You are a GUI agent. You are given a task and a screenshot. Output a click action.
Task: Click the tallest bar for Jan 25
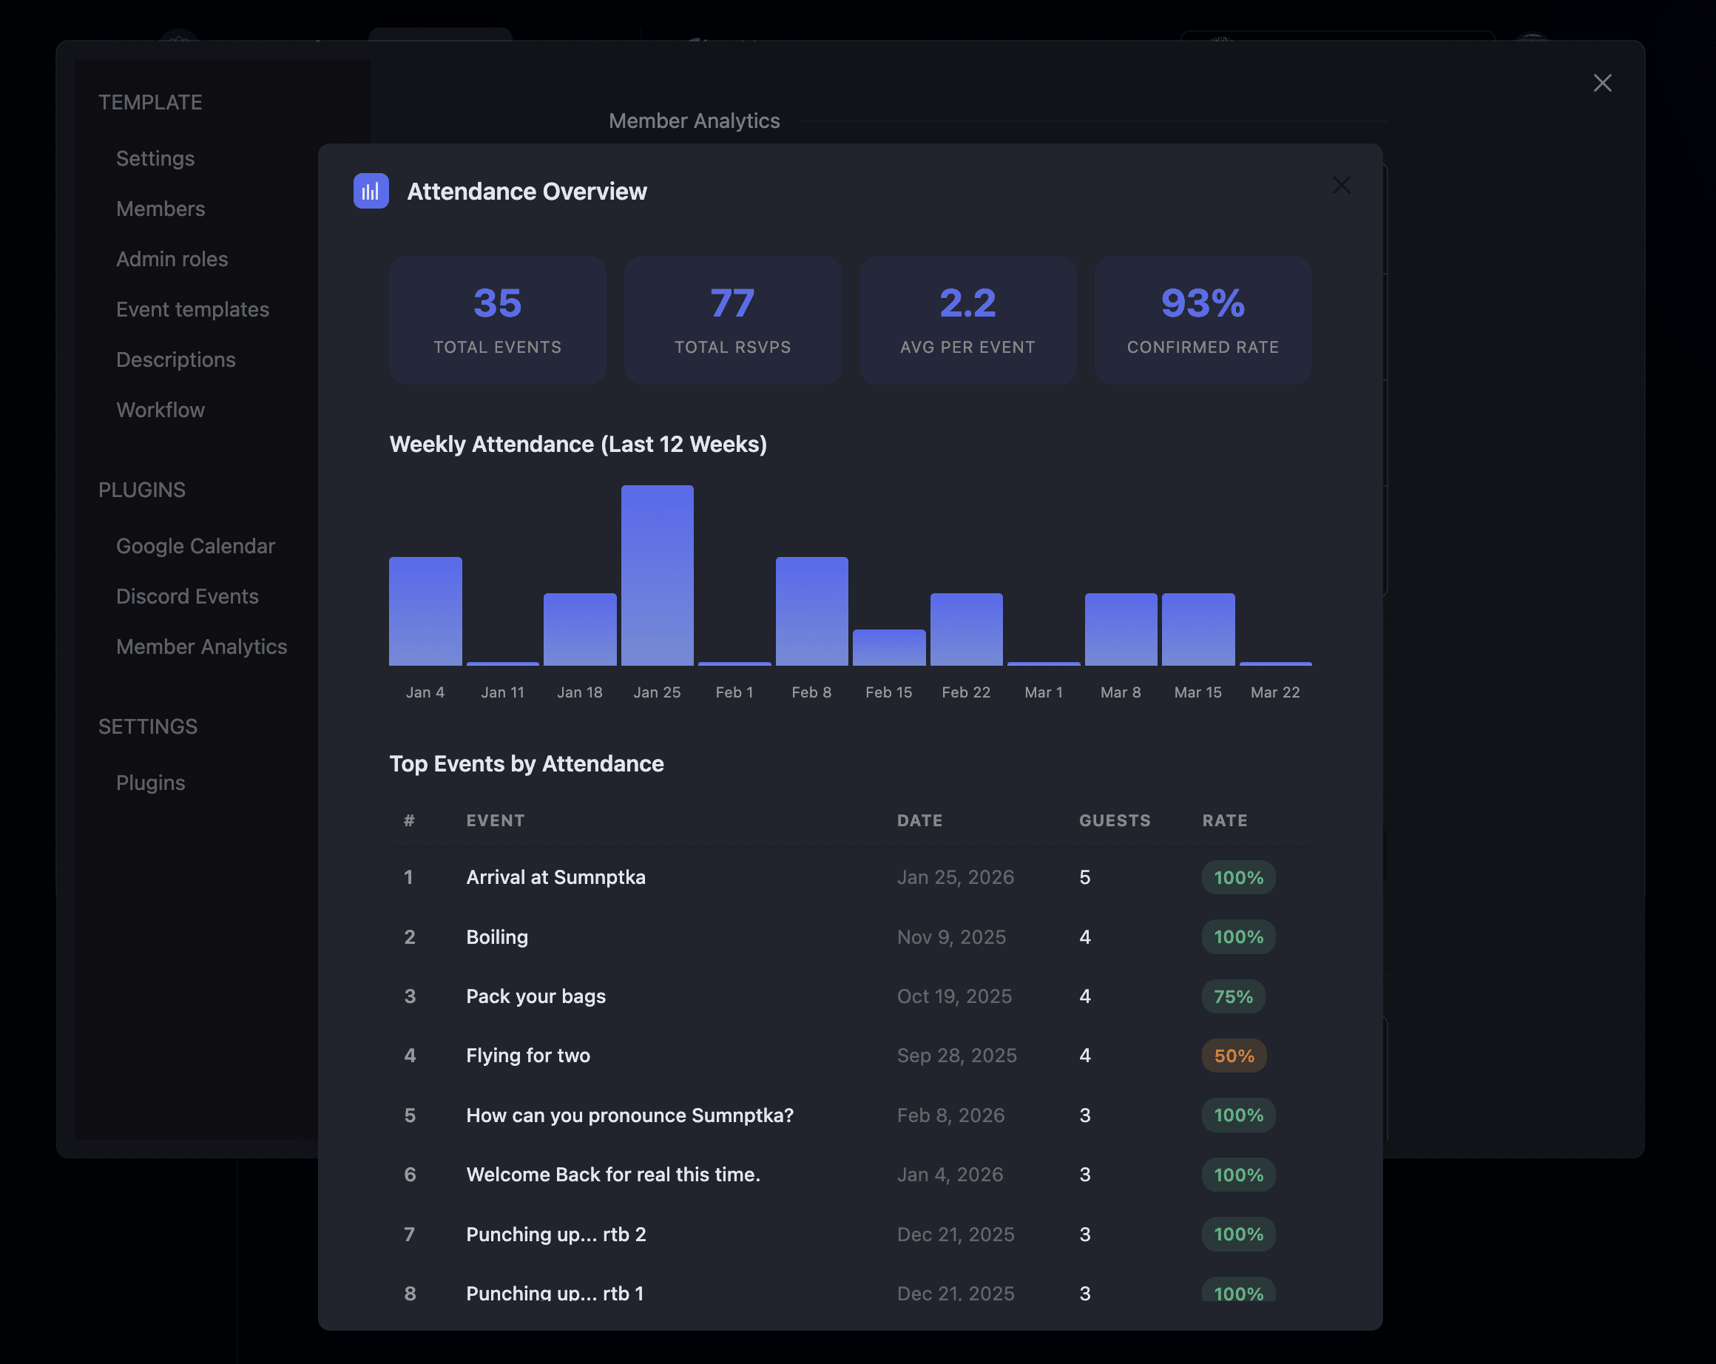coord(657,575)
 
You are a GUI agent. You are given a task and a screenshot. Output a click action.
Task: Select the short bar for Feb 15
coord(888,647)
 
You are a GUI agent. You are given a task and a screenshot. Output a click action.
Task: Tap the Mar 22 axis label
coord(1274,692)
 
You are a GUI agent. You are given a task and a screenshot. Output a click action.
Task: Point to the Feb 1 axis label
coord(734,692)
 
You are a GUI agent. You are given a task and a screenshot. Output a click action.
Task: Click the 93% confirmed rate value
coord(1202,303)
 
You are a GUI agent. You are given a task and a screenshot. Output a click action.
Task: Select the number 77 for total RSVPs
coord(732,303)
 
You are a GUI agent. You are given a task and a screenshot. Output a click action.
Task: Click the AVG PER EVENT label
coord(967,347)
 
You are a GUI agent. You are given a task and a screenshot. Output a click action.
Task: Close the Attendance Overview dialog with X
coord(1341,186)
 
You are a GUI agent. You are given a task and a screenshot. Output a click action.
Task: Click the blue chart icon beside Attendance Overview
coord(371,191)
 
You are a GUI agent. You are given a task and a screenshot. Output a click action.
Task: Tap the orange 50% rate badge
coord(1234,1056)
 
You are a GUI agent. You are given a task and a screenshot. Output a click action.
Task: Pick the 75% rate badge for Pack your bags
coord(1233,996)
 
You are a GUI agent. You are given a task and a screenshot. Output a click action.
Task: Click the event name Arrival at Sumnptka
coord(555,877)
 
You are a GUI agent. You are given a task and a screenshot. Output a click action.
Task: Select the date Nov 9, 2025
coord(951,936)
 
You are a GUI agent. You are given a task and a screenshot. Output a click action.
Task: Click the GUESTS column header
coord(1114,820)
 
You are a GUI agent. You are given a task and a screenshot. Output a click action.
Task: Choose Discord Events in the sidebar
coord(187,596)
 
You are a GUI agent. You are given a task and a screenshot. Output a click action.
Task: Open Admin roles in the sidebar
coord(172,259)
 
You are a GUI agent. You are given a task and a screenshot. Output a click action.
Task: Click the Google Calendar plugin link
coord(195,546)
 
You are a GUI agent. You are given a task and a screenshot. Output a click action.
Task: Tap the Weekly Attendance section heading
coord(578,444)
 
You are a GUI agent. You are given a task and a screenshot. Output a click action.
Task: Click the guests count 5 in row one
coord(1084,877)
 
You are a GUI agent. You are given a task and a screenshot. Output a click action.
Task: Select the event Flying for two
coord(527,1056)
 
